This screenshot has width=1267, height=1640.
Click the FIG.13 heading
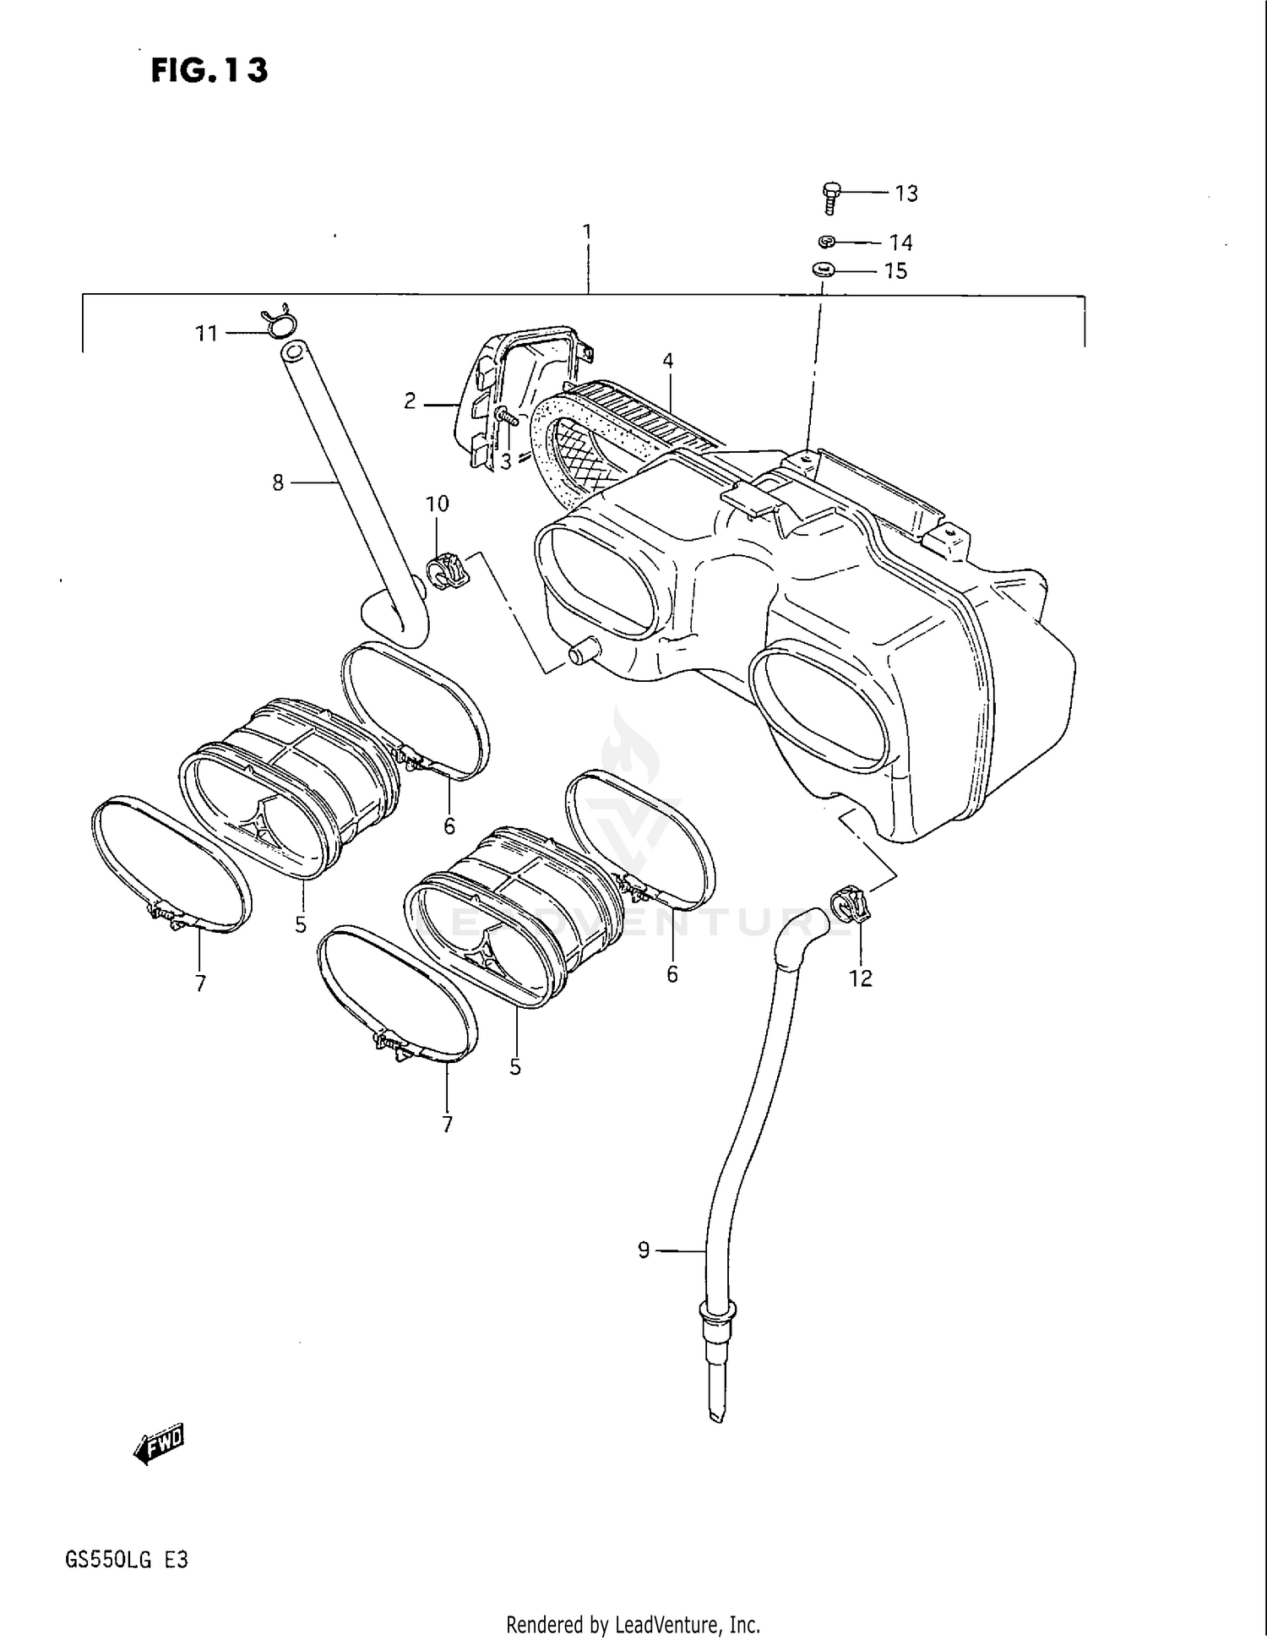[209, 70]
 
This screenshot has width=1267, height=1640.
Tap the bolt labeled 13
[830, 197]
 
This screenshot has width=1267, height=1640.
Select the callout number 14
[900, 243]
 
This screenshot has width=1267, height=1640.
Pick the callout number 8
[278, 483]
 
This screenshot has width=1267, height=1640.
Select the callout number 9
[644, 1250]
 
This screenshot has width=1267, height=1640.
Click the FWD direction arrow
[158, 1446]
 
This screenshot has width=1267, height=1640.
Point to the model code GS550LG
[108, 1560]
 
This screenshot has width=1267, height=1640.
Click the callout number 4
[667, 362]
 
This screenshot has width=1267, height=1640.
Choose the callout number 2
[410, 402]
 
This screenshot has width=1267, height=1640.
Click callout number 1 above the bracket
[587, 232]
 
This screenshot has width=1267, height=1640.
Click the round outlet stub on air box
[582, 653]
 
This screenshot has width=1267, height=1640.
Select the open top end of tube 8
[292, 348]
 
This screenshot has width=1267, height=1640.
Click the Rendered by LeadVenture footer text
[633, 1624]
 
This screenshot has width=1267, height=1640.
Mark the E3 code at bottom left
[176, 1560]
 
